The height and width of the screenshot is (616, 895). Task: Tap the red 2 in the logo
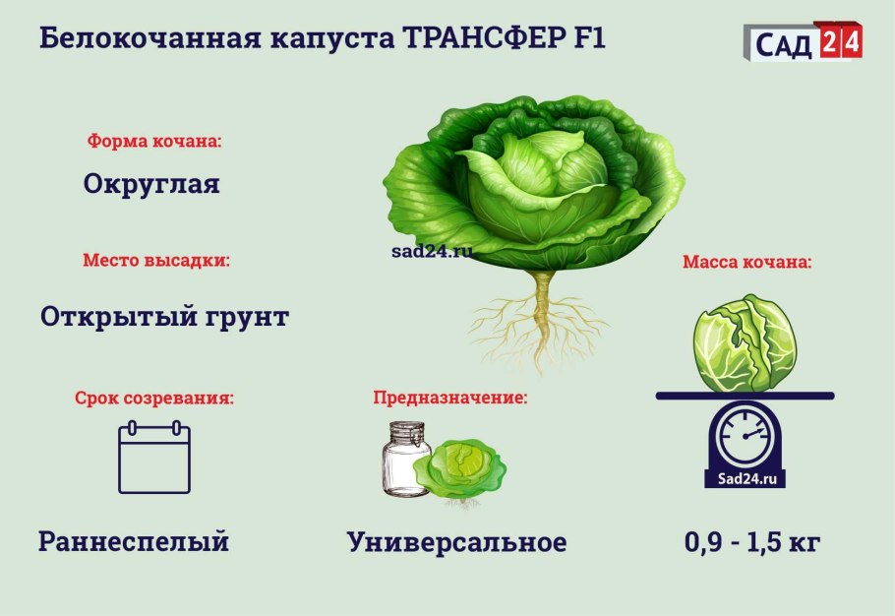coord(828,42)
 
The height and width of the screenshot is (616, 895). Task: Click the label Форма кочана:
coord(155,141)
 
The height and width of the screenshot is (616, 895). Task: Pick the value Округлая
coord(151,184)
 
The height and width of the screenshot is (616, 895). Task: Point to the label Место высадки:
coord(156,262)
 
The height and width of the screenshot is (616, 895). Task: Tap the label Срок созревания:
coord(155,399)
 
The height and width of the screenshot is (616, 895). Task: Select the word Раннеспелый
coord(134,541)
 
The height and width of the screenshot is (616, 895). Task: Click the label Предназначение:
coord(449,399)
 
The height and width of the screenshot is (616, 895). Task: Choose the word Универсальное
coord(456,542)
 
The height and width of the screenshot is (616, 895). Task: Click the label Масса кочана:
coord(746,263)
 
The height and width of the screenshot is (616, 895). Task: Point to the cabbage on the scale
coord(746,343)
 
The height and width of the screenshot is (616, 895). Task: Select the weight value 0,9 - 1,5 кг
coord(751,542)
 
